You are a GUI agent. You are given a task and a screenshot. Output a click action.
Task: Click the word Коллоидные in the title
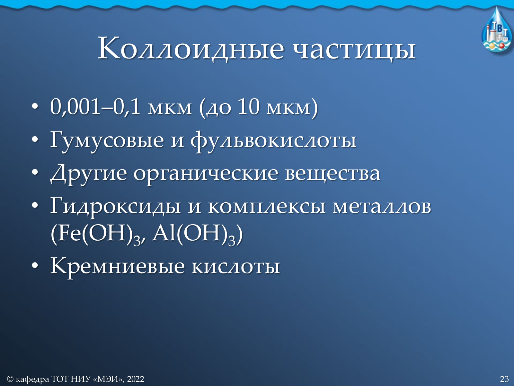pos(191,49)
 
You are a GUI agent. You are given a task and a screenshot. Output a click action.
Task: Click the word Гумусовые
pos(107,140)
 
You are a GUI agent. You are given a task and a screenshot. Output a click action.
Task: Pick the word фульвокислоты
pos(273,140)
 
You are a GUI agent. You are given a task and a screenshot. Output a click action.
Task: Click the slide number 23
pos(504,379)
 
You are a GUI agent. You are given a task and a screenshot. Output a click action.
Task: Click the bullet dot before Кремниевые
pos(35,266)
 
